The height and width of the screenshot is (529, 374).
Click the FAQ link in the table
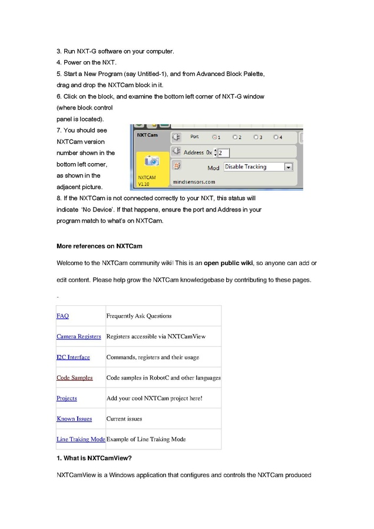click(x=62, y=316)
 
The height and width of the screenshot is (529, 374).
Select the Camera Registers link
click(x=78, y=336)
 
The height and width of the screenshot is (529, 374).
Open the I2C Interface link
click(x=73, y=357)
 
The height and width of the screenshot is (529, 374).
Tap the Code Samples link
click(x=74, y=378)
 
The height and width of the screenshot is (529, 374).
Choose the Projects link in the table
click(x=67, y=398)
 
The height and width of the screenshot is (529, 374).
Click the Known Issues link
click(x=74, y=419)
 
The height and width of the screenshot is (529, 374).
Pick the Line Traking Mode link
click(x=81, y=439)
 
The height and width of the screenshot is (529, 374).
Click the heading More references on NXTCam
click(x=99, y=246)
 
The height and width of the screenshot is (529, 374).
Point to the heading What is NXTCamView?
click(x=94, y=458)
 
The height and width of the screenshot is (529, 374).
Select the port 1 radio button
click(x=214, y=137)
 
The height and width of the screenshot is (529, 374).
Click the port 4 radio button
click(x=275, y=137)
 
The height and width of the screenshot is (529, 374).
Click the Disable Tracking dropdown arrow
click(x=288, y=167)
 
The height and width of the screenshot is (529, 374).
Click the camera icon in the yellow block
click(x=152, y=161)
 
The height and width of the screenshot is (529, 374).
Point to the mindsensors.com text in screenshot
click(x=194, y=183)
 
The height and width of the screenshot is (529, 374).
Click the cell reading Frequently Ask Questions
click(x=139, y=316)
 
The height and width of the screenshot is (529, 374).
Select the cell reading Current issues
click(x=124, y=419)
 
